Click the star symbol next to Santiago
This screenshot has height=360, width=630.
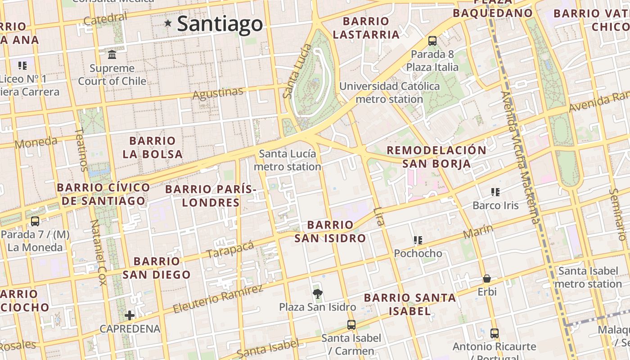pyautogui.click(x=168, y=23)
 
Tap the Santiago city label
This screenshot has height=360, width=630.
pyautogui.click(x=220, y=24)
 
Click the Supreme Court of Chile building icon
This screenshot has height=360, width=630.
pyautogui.click(x=112, y=55)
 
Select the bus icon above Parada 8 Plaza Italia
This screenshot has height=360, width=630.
pyautogui.click(x=432, y=41)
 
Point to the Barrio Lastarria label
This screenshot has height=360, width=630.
pyautogui.click(x=366, y=28)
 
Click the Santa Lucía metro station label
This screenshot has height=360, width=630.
pyautogui.click(x=288, y=160)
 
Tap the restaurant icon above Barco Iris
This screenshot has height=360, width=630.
pyautogui.click(x=495, y=192)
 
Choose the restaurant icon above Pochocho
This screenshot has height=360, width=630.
pyautogui.click(x=418, y=240)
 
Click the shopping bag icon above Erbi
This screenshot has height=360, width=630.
pyautogui.click(x=486, y=279)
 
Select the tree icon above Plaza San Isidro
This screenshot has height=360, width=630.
pyautogui.click(x=317, y=294)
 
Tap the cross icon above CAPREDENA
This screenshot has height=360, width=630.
pyautogui.click(x=130, y=315)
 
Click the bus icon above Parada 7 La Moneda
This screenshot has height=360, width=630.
pyautogui.click(x=35, y=221)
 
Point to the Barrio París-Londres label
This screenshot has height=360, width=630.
pyautogui.click(x=211, y=196)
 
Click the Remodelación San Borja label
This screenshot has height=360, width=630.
pyautogui.click(x=436, y=157)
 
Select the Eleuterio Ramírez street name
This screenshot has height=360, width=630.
pyautogui.click(x=218, y=299)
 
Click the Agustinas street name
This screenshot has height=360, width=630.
pyautogui.click(x=218, y=93)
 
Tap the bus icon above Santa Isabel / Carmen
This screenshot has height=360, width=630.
pyautogui.click(x=351, y=324)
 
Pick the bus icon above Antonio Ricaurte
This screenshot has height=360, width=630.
pyautogui.click(x=494, y=333)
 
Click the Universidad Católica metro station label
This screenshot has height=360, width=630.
pyautogui.click(x=390, y=92)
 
